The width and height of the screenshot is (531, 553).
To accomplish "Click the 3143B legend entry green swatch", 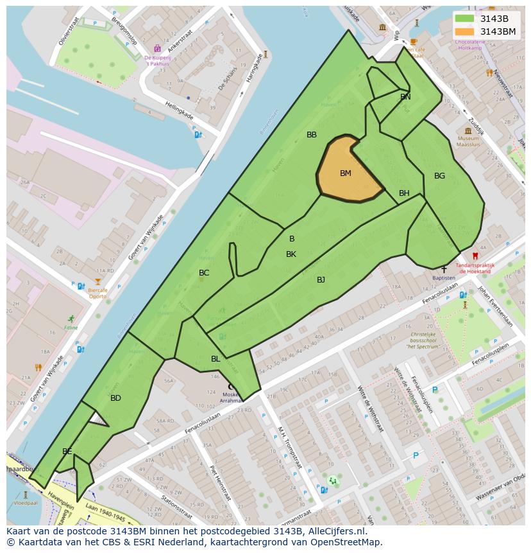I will tap(464, 19).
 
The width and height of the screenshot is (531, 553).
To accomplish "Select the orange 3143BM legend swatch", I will tap(464, 31).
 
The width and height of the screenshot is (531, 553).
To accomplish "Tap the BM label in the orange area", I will tap(346, 173).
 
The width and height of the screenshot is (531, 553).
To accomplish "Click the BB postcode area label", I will tap(312, 135).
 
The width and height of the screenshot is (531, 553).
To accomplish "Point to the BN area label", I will tap(405, 97).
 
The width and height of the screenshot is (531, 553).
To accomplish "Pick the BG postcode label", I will tap(439, 176).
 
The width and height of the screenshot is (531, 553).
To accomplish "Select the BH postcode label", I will tap(404, 193).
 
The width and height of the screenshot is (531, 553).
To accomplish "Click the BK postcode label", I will tap(291, 254).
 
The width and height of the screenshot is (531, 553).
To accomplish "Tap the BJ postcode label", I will tap(321, 279).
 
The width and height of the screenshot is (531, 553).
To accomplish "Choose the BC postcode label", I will tap(204, 273).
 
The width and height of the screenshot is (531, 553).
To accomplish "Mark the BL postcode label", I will tap(215, 359).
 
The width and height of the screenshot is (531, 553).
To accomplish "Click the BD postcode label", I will tap(115, 398).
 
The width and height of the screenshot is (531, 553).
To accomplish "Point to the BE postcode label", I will tap(67, 452).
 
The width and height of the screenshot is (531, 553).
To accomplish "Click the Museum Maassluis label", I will tap(468, 141).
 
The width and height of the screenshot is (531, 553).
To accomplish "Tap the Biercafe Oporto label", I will tap(97, 293).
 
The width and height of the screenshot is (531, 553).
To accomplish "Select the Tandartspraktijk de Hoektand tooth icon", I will tap(475, 256).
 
